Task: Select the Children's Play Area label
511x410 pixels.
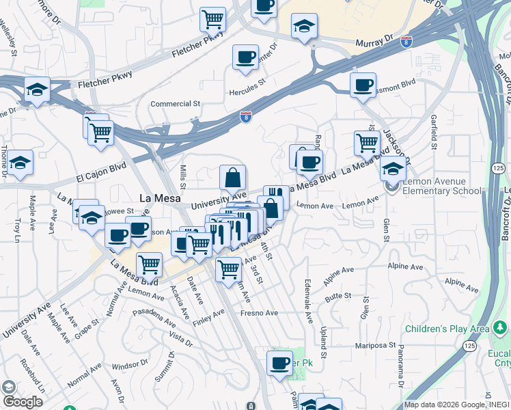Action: point(447,329)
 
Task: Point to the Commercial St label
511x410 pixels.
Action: point(174,104)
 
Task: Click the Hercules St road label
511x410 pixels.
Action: point(247,87)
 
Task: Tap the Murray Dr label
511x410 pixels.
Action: point(374,42)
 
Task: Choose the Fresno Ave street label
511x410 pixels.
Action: point(259,313)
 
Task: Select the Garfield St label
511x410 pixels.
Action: point(434,133)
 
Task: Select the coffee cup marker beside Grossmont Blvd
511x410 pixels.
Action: point(363,85)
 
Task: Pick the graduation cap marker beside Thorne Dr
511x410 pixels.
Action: point(20,163)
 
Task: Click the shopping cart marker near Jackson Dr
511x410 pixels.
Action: point(367,143)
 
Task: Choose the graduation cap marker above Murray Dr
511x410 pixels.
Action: point(304,27)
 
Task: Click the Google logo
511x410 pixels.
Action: point(23,402)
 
